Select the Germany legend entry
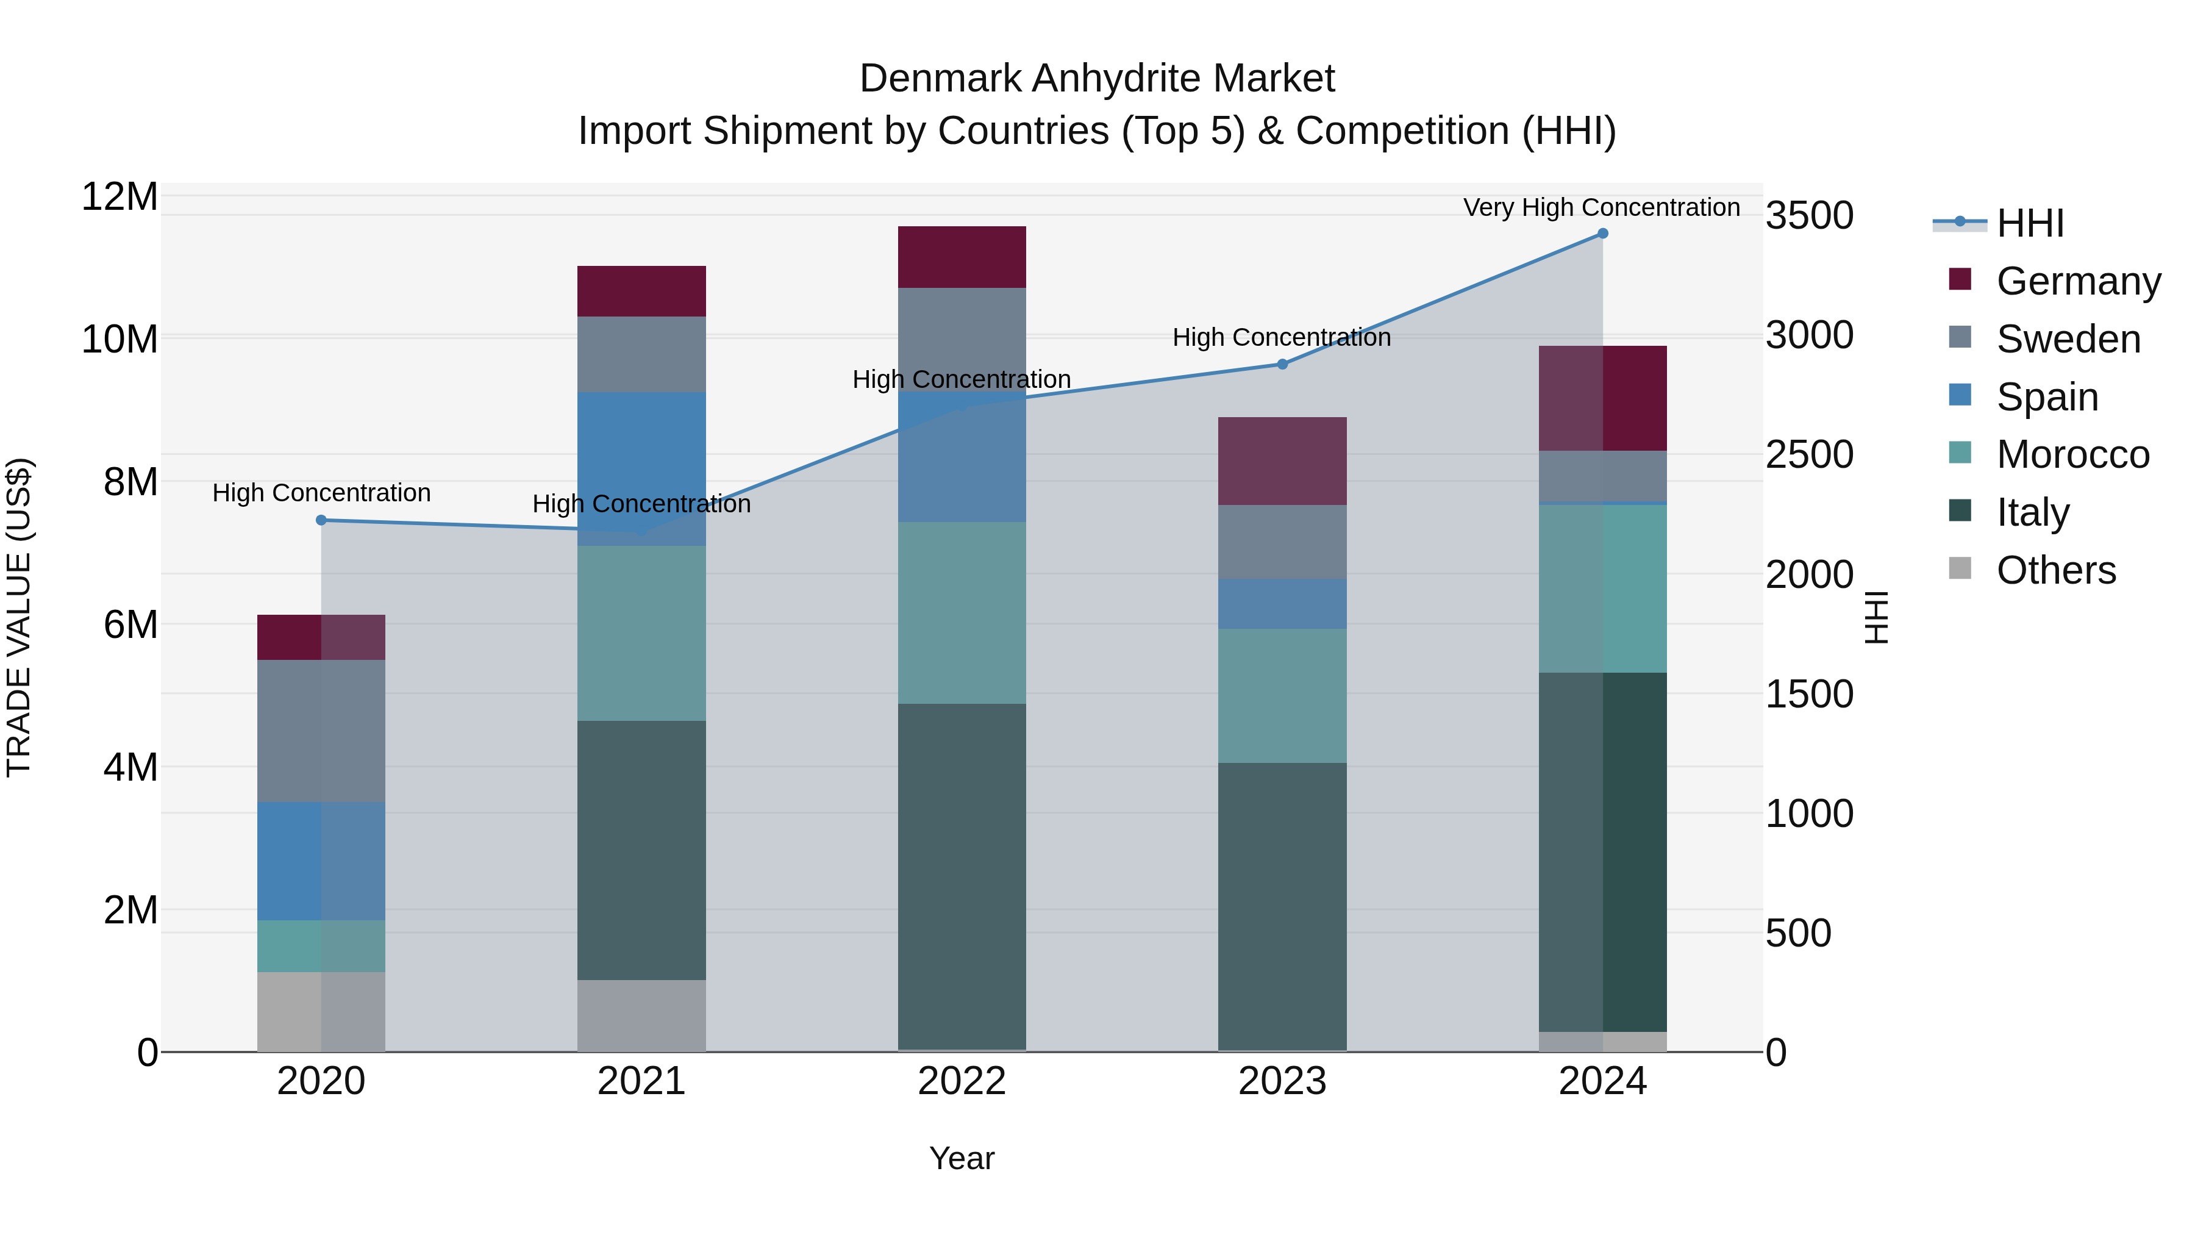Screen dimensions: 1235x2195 [x=2077, y=281]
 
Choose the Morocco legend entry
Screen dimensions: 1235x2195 [x=2072, y=454]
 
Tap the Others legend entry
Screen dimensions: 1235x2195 [x=2055, y=570]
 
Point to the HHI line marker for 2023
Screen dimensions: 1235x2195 [x=1282, y=364]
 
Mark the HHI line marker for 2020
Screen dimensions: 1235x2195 [x=321, y=520]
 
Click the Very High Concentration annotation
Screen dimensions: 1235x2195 [x=1601, y=207]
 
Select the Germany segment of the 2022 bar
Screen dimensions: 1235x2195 [x=962, y=257]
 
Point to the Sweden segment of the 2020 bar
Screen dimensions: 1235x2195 [x=321, y=731]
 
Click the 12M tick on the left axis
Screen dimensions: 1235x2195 [x=120, y=197]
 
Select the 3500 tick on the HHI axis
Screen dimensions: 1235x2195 [x=1809, y=216]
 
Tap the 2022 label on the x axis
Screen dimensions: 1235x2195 [x=962, y=1081]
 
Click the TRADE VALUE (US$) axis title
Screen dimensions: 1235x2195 [x=19, y=617]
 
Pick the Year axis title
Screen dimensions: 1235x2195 [x=962, y=1158]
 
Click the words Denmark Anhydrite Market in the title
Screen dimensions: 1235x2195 [x=1097, y=79]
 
